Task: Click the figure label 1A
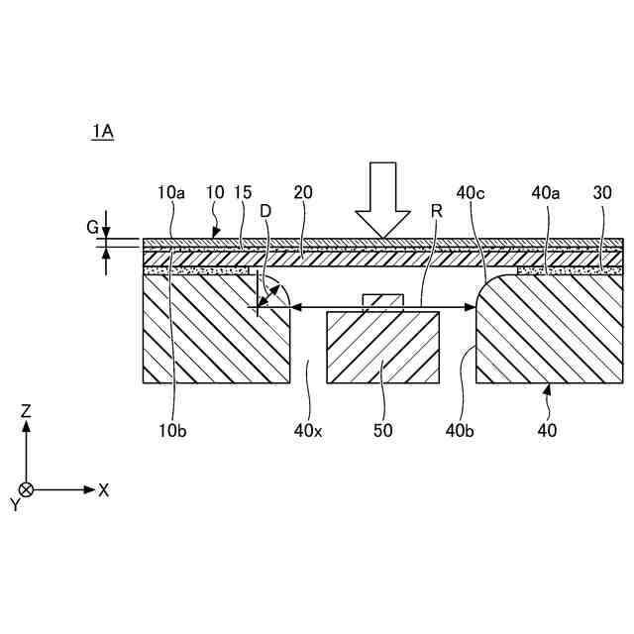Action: click(102, 131)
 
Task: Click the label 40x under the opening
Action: click(308, 430)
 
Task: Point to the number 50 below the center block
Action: click(382, 430)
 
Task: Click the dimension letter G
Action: click(92, 228)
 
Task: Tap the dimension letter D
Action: click(264, 210)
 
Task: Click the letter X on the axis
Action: click(103, 489)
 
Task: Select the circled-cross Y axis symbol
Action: click(27, 489)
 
